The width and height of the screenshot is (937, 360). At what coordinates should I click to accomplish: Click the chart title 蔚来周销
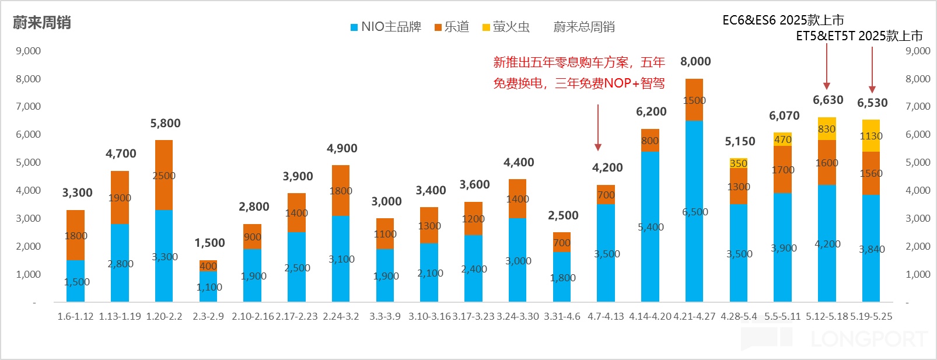click(x=42, y=23)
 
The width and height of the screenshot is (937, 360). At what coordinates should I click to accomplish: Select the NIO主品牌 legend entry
click(x=386, y=27)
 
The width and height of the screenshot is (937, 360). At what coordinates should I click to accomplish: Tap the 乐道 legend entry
click(x=452, y=27)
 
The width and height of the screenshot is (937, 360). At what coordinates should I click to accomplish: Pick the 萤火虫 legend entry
click(x=506, y=27)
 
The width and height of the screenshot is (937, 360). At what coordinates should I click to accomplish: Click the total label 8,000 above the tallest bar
click(x=695, y=61)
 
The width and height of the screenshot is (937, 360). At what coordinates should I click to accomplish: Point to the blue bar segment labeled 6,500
click(x=694, y=211)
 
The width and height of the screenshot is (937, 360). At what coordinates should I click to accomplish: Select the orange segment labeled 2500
click(x=164, y=175)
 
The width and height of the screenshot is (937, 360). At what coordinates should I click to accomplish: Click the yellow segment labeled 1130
click(x=871, y=135)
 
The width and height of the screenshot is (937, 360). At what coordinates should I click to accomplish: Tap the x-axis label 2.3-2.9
click(x=208, y=316)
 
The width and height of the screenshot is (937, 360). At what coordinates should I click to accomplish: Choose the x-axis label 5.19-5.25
click(x=871, y=316)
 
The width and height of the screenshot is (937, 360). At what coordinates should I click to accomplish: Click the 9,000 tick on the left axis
click(x=28, y=51)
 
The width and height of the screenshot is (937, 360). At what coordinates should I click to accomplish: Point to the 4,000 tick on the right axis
click(x=918, y=190)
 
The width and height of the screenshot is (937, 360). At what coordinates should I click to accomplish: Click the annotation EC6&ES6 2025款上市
click(x=783, y=20)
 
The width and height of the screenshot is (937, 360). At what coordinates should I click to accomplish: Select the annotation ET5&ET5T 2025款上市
click(x=859, y=36)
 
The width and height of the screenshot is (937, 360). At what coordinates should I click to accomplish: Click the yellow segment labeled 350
click(x=739, y=163)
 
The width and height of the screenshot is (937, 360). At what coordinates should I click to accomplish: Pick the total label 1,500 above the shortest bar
click(x=209, y=243)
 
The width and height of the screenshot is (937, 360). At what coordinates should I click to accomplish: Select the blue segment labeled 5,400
click(x=651, y=227)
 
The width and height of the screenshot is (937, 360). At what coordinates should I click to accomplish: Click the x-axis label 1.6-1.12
click(x=75, y=316)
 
